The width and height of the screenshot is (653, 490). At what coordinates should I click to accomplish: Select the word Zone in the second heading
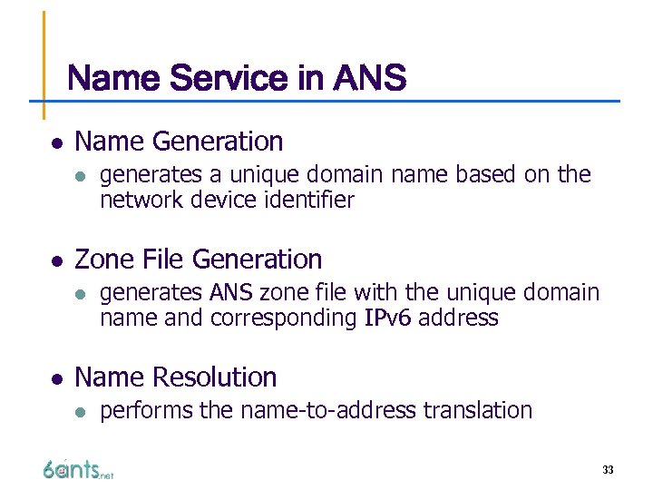coord(104,260)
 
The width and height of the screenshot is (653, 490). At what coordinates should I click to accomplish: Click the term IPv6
coord(388,318)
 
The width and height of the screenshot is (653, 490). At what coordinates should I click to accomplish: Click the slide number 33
coord(608,470)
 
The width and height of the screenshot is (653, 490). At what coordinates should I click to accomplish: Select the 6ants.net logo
coord(78,468)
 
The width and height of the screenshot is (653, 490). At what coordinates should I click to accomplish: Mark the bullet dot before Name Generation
coord(56,143)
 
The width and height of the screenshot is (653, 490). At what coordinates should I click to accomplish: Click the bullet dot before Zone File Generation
coord(56,261)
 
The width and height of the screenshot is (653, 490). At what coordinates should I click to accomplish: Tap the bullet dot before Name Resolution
coord(56,379)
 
